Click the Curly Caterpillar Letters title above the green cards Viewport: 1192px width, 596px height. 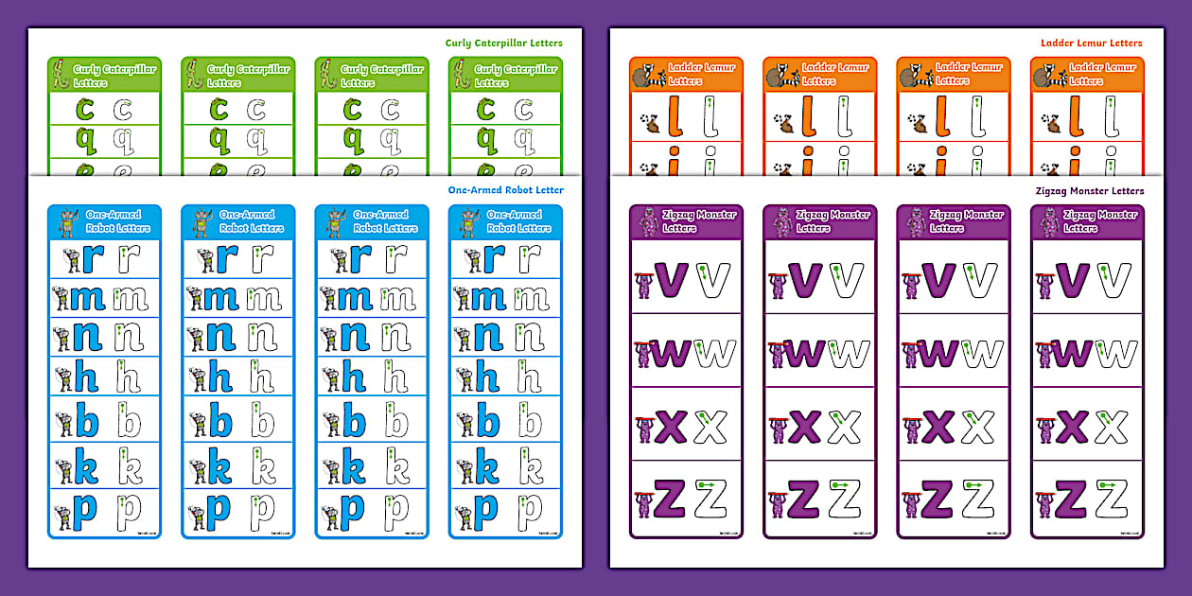point(504,43)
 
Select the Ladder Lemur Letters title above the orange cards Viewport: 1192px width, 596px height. point(1091,43)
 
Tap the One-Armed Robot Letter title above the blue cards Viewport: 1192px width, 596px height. point(505,190)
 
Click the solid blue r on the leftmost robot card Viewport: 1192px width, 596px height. point(93,258)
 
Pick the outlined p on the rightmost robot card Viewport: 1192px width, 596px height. point(530,512)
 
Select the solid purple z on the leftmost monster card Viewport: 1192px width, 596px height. point(670,499)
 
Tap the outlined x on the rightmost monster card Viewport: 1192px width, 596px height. point(1112,428)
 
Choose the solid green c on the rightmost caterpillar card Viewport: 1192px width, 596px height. point(485,110)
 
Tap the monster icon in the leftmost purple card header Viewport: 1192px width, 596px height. point(647,222)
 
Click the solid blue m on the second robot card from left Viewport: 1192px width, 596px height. point(221,299)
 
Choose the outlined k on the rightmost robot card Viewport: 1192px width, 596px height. point(530,466)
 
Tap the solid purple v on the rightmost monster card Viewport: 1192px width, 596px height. point(1072,279)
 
